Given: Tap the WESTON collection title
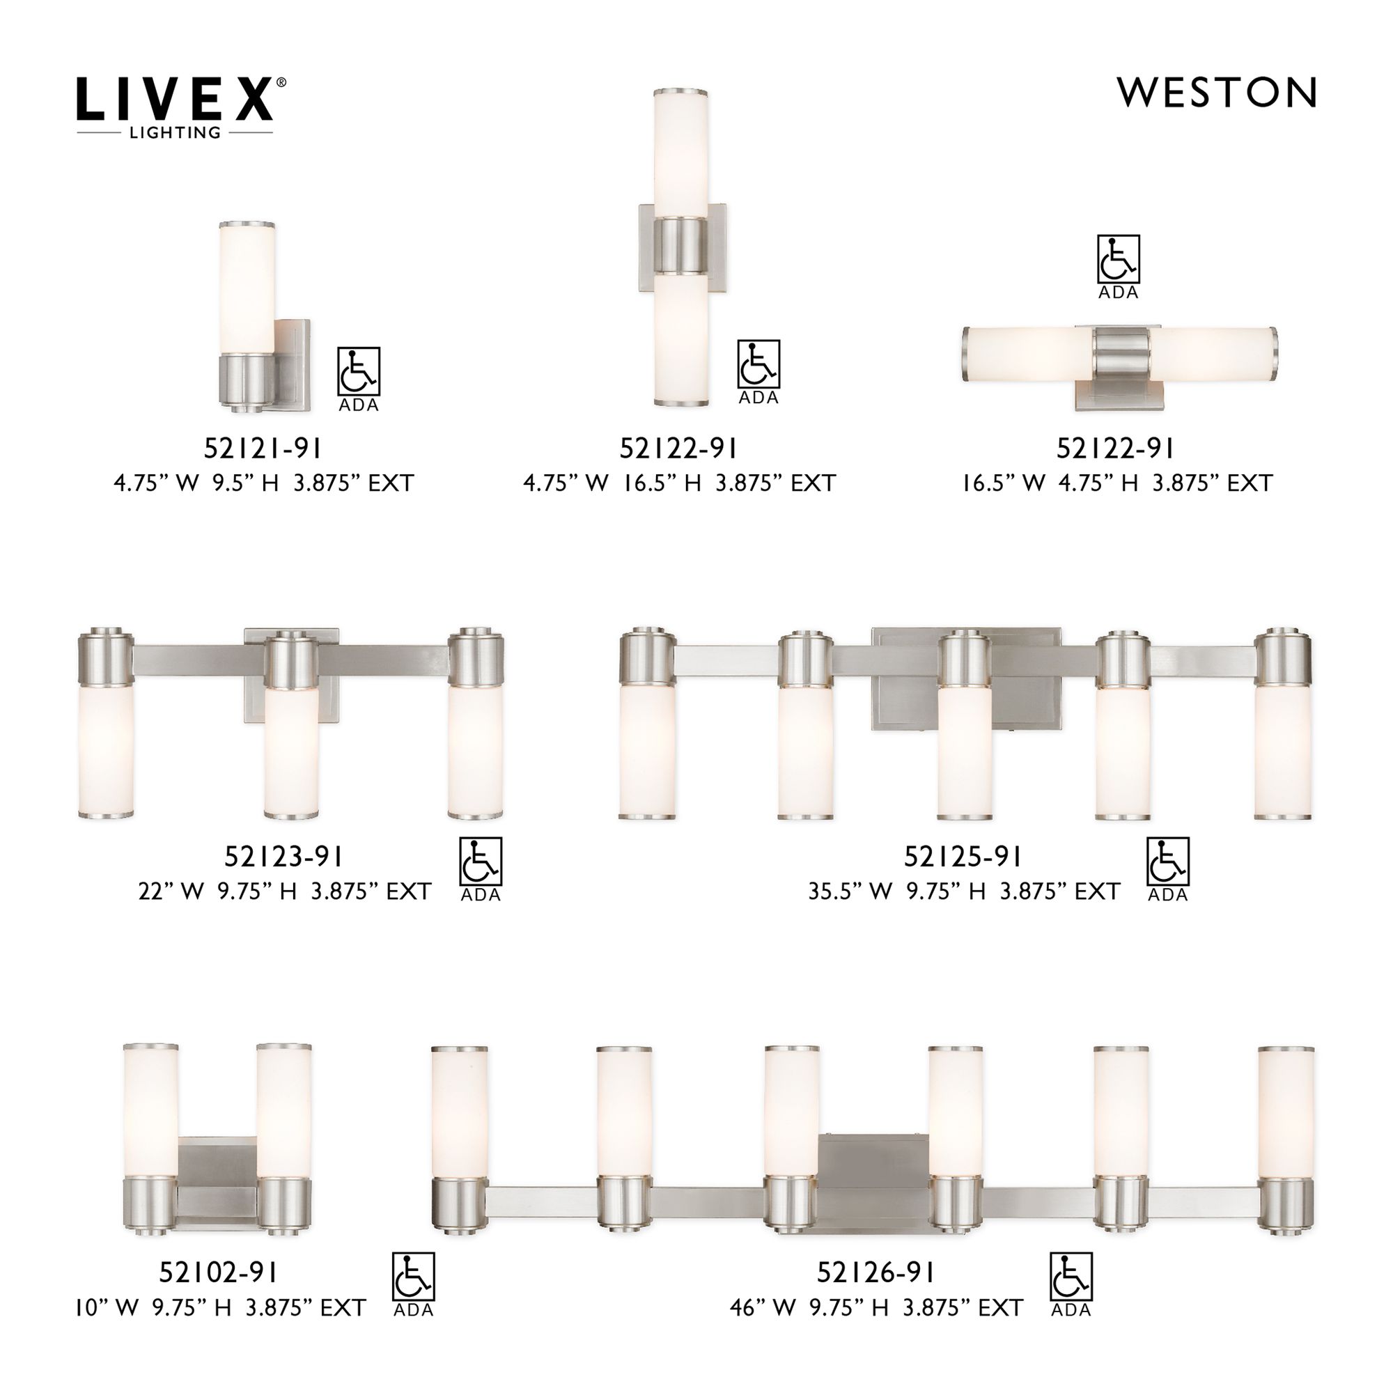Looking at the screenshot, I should click(x=1215, y=93).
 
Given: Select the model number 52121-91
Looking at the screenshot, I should click(x=263, y=449).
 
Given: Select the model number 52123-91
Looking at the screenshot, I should click(x=283, y=857).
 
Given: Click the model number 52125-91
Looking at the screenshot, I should click(x=963, y=857).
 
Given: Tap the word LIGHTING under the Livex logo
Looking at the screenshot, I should click(x=175, y=132).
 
